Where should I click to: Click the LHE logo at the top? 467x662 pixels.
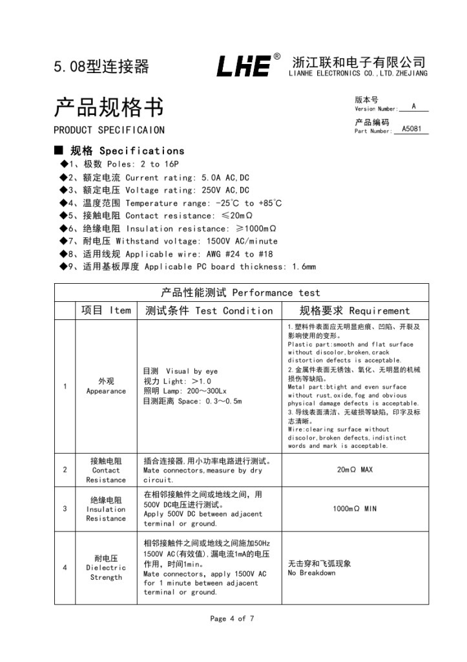click(244, 66)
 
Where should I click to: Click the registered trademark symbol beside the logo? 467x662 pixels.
click(277, 57)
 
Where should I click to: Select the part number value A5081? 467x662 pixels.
click(411, 129)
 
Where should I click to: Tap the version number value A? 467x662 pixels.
click(413, 106)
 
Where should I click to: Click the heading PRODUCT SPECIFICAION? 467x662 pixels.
click(109, 130)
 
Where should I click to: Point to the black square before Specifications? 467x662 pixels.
click(59, 150)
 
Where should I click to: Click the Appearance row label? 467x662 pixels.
click(106, 391)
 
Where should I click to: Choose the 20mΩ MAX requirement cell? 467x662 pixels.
click(355, 470)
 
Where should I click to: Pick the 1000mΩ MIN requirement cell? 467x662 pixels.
click(355, 509)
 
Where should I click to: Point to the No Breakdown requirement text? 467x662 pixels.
click(311, 573)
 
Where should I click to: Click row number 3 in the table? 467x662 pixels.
click(65, 509)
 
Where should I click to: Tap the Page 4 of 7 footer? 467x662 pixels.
click(232, 619)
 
